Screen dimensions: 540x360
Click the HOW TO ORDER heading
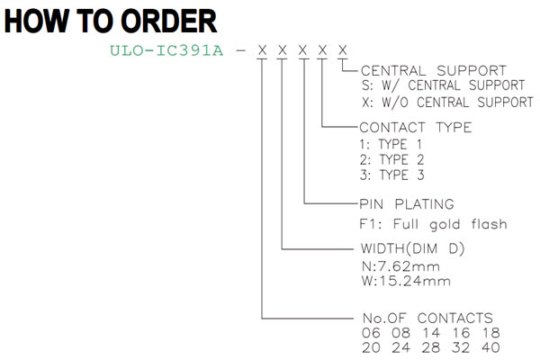click(111, 21)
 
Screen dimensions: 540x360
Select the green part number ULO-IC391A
click(166, 50)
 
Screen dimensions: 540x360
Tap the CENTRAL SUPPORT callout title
click(434, 70)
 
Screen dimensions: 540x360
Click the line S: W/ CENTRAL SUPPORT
click(443, 85)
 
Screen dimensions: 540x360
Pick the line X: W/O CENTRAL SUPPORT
click(447, 102)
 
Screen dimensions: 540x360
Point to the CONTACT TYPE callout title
click(415, 128)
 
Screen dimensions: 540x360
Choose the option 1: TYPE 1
click(391, 144)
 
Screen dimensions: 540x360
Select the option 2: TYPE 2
click(391, 159)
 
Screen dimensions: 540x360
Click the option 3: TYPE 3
click(391, 175)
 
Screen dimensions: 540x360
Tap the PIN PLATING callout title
click(407, 204)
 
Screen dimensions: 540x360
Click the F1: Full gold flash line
click(433, 224)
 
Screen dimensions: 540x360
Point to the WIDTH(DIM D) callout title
click(412, 248)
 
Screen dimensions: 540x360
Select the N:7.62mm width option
click(400, 266)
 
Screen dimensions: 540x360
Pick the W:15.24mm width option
click(406, 281)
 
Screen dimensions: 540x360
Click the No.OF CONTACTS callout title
click(427, 318)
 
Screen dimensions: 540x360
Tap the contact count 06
click(371, 333)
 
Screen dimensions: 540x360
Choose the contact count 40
click(490, 347)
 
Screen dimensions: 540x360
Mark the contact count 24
click(400, 347)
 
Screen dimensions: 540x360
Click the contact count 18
click(490, 333)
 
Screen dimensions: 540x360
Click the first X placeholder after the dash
click(263, 50)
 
